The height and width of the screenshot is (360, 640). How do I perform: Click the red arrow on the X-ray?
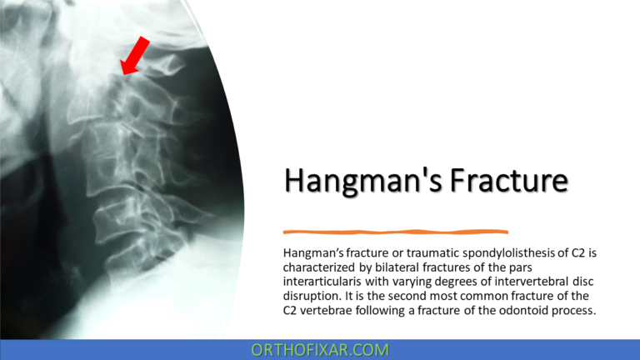pyautogui.click(x=135, y=57)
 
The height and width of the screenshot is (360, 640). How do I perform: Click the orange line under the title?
pyautogui.click(x=396, y=231)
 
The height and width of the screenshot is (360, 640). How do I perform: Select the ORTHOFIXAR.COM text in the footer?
pyautogui.click(x=320, y=350)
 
